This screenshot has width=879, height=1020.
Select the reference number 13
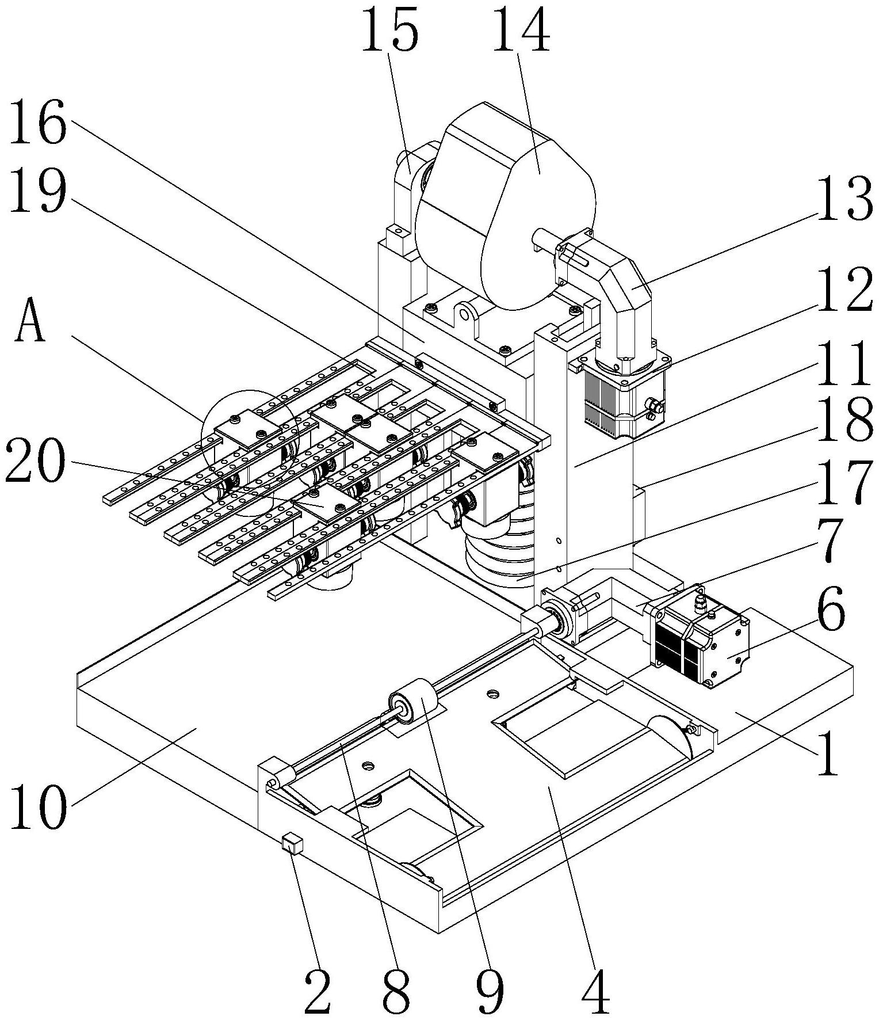[844, 200]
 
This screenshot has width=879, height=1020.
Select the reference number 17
[844, 484]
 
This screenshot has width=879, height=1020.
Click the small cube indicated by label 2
[291, 844]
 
